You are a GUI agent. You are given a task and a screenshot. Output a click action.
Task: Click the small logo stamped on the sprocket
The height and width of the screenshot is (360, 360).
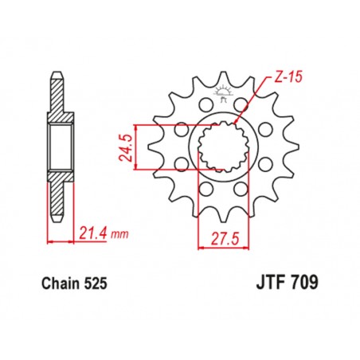pos(221,99)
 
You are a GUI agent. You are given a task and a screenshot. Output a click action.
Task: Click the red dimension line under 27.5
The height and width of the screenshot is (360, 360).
pos(221,247)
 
